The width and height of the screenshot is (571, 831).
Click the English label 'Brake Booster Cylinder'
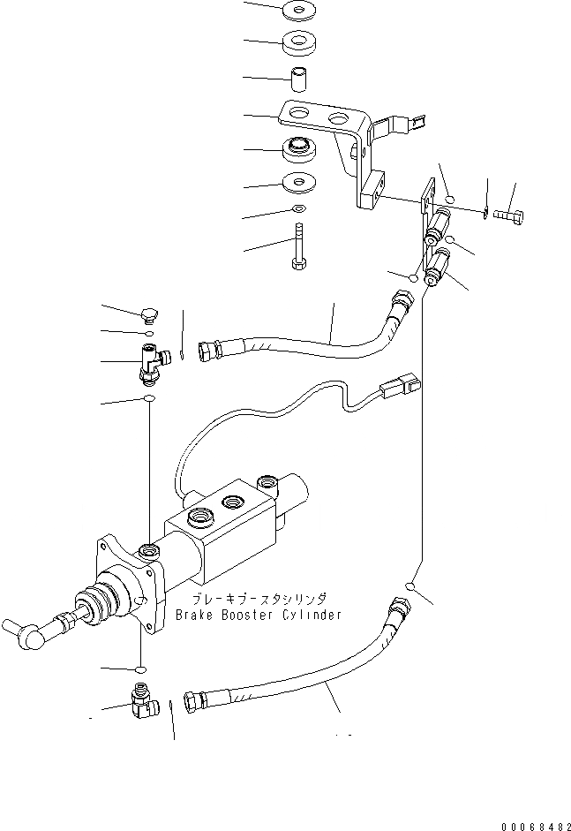point(258,615)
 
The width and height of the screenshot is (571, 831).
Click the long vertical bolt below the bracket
point(300,244)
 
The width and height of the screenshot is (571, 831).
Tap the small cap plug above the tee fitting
point(149,312)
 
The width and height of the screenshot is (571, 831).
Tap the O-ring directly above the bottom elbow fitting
point(140,669)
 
